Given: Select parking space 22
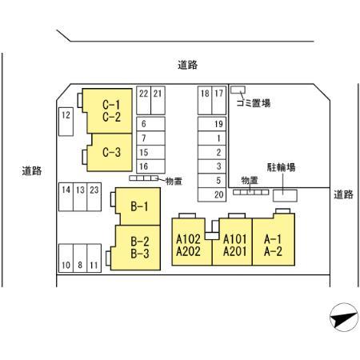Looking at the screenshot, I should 143,94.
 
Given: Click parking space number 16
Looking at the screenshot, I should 143,166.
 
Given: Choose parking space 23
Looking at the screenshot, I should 94,190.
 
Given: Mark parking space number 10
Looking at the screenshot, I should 66,265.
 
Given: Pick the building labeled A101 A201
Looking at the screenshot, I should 234,243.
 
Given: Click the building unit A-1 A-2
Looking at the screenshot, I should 274,243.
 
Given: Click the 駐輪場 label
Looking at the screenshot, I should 280,167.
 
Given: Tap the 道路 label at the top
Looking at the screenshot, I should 186,65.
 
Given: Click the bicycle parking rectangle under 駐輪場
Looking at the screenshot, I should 283,194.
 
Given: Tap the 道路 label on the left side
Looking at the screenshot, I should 32,170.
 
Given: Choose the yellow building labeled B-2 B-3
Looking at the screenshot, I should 140,247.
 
